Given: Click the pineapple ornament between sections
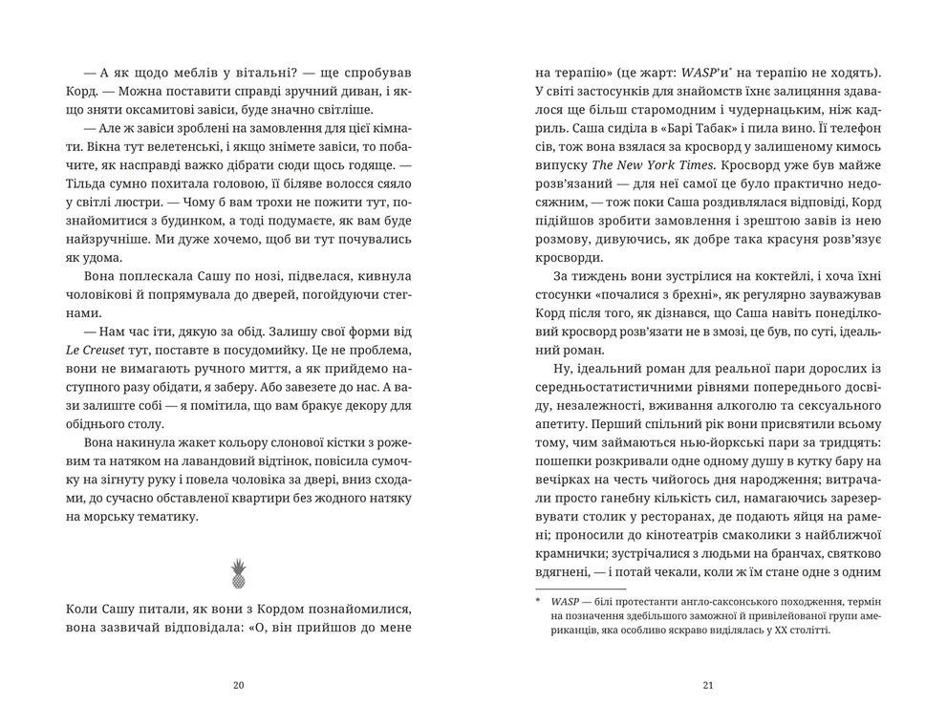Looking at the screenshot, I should click(238, 572).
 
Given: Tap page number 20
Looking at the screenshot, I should click(238, 684).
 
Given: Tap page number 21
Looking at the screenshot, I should click(708, 684).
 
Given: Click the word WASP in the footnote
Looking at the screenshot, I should click(565, 600).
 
